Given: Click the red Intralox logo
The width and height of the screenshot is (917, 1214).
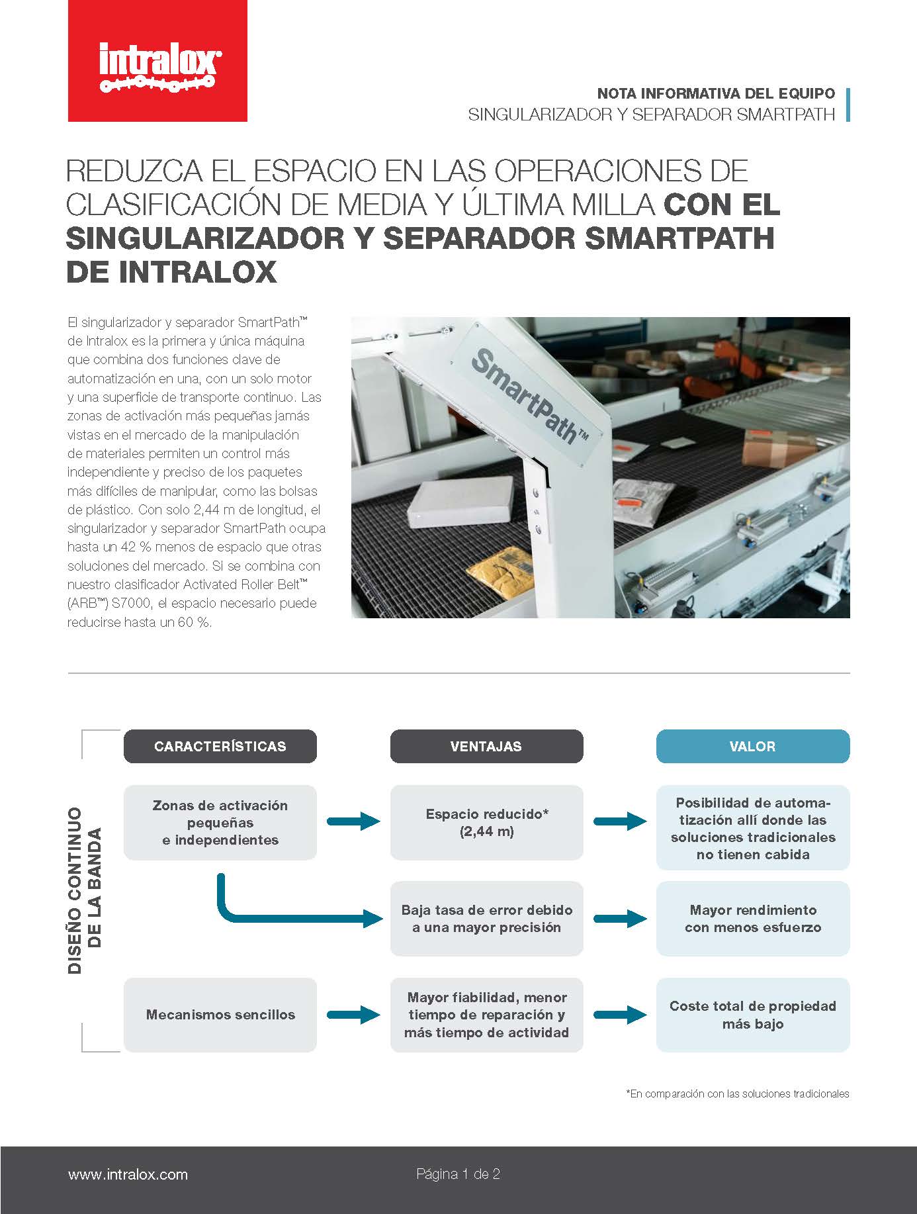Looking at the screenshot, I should click(x=157, y=61).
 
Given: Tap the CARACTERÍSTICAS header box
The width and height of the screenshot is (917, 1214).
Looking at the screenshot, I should click(x=220, y=746).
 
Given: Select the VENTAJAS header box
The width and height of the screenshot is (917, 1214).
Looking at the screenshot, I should click(x=486, y=746).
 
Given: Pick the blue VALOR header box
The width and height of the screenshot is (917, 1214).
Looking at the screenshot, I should click(x=752, y=746).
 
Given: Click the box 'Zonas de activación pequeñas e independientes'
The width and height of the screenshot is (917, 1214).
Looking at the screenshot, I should click(x=220, y=822).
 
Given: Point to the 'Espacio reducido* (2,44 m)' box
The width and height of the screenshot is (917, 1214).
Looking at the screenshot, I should click(x=486, y=822).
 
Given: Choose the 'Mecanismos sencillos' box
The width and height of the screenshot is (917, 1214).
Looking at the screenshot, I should click(x=220, y=1014).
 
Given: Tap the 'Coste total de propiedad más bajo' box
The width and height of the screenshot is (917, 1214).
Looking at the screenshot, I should click(x=752, y=1014).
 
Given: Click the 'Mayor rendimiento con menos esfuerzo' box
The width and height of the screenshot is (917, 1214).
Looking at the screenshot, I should click(x=752, y=918).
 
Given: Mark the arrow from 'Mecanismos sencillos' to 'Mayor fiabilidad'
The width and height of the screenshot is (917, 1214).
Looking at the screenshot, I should click(x=353, y=1014).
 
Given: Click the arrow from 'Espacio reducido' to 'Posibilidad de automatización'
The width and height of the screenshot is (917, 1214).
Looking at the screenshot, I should click(x=620, y=821).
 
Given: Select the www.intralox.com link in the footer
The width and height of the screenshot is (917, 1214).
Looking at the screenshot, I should click(x=128, y=1174).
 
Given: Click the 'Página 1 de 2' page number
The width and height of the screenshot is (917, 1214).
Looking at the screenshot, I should click(x=458, y=1174).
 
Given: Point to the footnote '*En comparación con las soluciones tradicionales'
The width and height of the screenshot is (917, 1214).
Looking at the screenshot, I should click(x=737, y=1094).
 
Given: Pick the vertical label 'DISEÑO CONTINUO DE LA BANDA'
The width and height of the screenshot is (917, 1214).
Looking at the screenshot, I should click(x=85, y=890).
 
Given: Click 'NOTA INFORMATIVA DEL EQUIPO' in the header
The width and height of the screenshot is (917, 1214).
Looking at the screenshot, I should click(x=716, y=93).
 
